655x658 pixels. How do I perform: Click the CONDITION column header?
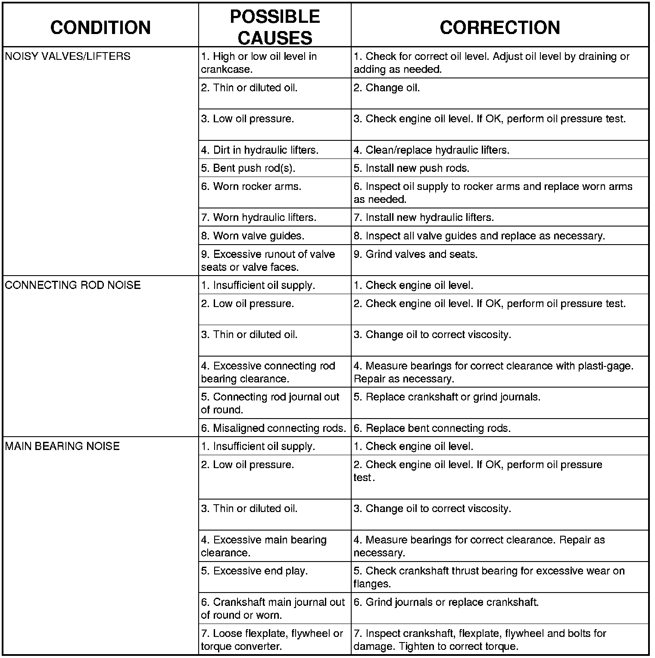[x=100, y=28]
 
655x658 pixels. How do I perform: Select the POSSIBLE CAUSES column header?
[x=274, y=27]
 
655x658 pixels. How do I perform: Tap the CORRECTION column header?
[x=500, y=28]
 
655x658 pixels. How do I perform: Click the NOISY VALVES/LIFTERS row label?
[x=68, y=56]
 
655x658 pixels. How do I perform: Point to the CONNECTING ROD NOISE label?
[x=73, y=285]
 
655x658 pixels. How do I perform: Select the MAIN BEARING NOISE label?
[x=62, y=446]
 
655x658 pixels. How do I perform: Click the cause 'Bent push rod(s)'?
[x=248, y=168]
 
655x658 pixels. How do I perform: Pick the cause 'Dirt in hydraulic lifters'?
[x=260, y=150]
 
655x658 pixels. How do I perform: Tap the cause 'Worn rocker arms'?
[x=251, y=186]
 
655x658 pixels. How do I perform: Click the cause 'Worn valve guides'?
[x=253, y=236]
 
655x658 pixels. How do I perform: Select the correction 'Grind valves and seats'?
[x=415, y=254]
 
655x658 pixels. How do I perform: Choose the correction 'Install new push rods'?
[x=412, y=168]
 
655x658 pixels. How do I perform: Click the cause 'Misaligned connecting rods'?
[x=274, y=428]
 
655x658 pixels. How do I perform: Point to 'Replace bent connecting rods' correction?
[x=432, y=428]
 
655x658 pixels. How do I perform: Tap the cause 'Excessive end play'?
[x=254, y=571]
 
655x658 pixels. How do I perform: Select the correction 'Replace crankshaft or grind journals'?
[x=447, y=397]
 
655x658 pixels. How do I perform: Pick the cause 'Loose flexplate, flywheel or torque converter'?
[x=272, y=640]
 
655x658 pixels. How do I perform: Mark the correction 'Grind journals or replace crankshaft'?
[x=446, y=602]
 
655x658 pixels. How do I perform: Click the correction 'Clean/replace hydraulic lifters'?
[x=431, y=150]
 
